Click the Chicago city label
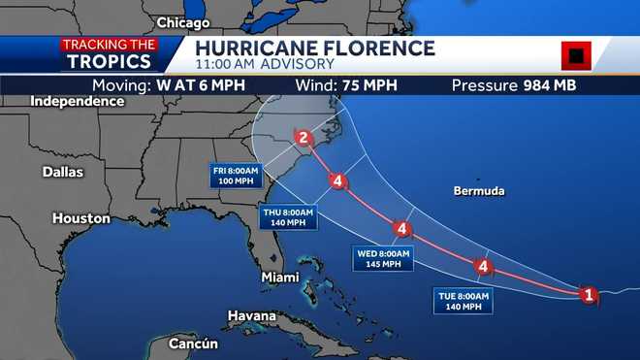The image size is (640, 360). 182,22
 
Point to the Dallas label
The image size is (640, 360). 63,172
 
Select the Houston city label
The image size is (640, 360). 80,218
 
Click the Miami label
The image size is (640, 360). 279,278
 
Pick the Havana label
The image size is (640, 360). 251,316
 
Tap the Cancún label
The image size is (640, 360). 194,344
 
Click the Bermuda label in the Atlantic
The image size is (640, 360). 479,191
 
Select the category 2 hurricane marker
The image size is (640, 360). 304,138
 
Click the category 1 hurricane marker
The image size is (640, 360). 588,294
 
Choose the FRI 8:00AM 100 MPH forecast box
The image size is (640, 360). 237,176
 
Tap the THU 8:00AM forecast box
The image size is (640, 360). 288,217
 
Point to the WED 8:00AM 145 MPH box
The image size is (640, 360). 384,258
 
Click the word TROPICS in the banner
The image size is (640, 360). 110,61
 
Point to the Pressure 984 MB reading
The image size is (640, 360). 514,84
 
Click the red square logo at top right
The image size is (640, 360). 576,55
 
